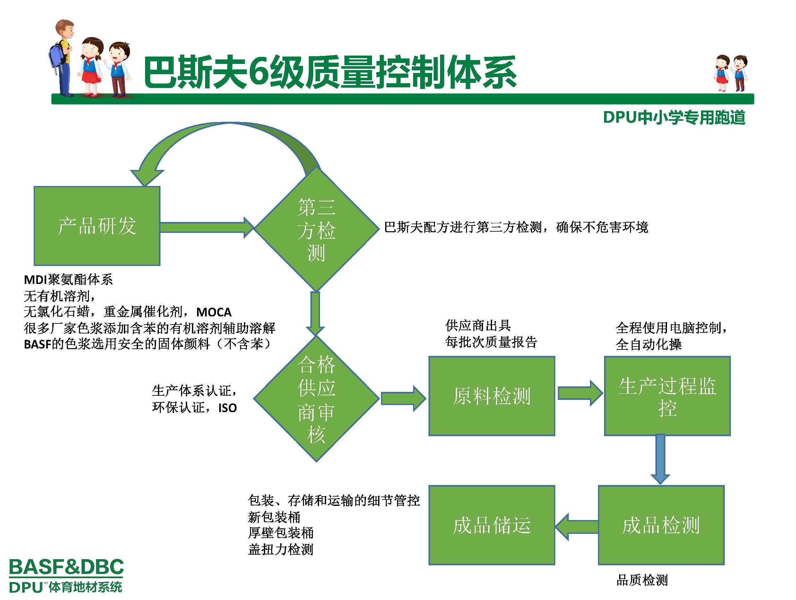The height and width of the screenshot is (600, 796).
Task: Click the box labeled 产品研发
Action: point(97,226)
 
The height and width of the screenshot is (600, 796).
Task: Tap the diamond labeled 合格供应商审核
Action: point(316,399)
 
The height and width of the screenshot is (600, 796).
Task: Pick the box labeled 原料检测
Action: point(492,396)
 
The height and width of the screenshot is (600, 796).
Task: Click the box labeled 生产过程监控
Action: point(667,396)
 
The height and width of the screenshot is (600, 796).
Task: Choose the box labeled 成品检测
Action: point(661,525)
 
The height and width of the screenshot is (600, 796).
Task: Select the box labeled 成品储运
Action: point(492,525)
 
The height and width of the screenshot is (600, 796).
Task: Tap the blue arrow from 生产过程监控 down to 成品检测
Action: point(660,459)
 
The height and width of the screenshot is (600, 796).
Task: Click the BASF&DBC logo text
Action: point(66,567)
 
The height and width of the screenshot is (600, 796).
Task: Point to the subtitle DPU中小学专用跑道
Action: point(674,118)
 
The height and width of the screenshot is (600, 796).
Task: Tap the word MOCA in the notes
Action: point(214,312)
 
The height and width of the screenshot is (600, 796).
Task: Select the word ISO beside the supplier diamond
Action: point(228,408)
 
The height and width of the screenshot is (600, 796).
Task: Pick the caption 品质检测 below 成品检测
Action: point(642,580)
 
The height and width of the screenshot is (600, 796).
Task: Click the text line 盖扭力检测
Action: point(281,549)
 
